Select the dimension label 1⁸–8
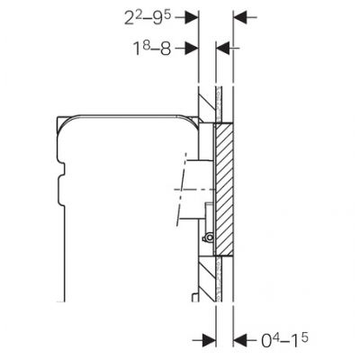[x=152, y=48]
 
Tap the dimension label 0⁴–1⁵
[x=284, y=340]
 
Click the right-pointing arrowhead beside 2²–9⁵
[x=192, y=17]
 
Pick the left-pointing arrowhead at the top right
[x=240, y=17]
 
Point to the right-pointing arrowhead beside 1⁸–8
[x=192, y=48]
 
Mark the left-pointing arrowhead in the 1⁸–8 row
[x=223, y=48]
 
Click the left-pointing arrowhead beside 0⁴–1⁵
[x=240, y=340]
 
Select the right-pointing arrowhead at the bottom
[x=209, y=340]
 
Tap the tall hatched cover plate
[x=224, y=190]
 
